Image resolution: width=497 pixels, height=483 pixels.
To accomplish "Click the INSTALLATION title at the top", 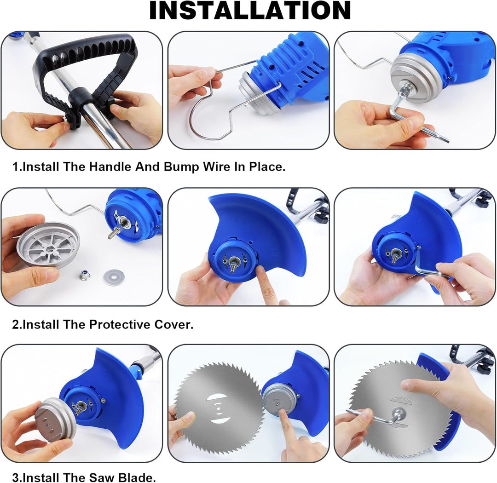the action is pyautogui.click(x=250, y=11).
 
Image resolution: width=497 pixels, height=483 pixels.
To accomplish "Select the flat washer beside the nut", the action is pyautogui.click(x=114, y=277).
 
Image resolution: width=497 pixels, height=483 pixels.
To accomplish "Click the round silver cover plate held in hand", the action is pyautogui.click(x=47, y=244).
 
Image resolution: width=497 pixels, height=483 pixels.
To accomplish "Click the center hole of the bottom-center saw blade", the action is pyautogui.click(x=219, y=409).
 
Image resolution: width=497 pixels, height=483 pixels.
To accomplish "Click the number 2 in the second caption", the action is pyautogui.click(x=15, y=325).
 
